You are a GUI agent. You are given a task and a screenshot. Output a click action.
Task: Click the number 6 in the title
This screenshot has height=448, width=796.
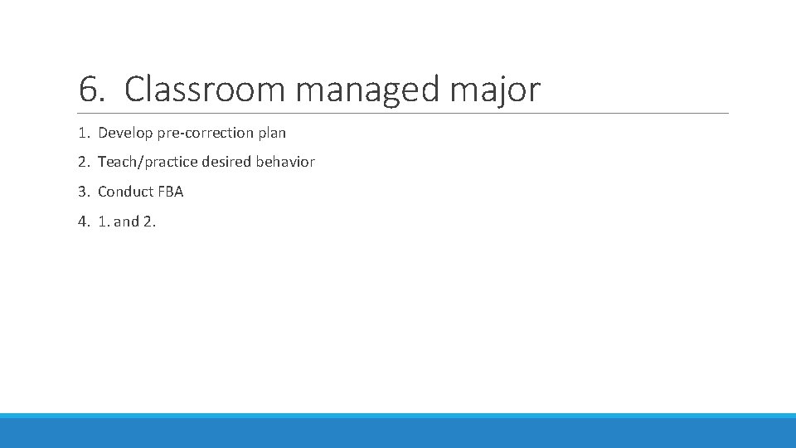point(88,90)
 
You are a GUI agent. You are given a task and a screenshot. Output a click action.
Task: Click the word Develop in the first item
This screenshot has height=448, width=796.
point(124,133)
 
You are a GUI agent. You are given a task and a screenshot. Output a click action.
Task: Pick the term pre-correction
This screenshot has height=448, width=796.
point(204,133)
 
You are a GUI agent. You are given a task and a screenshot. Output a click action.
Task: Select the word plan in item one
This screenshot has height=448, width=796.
point(272,133)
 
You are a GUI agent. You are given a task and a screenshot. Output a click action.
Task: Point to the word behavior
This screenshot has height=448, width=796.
point(285,162)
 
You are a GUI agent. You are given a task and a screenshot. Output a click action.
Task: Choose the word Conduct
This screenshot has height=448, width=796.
point(125,192)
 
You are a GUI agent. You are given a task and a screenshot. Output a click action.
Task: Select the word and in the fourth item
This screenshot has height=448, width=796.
point(126,222)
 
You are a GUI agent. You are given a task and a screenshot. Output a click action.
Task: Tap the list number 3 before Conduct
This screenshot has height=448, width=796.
point(82,192)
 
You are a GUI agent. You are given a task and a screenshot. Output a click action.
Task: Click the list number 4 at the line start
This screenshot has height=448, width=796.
point(82,222)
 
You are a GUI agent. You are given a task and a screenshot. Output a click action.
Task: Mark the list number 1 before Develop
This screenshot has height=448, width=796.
point(82,133)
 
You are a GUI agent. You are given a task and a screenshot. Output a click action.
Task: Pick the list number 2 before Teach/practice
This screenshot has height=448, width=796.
point(82,162)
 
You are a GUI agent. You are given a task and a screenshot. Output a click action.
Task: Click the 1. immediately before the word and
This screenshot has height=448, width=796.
point(103,222)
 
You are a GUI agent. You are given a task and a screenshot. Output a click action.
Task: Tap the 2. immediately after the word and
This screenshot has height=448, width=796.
point(149,222)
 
